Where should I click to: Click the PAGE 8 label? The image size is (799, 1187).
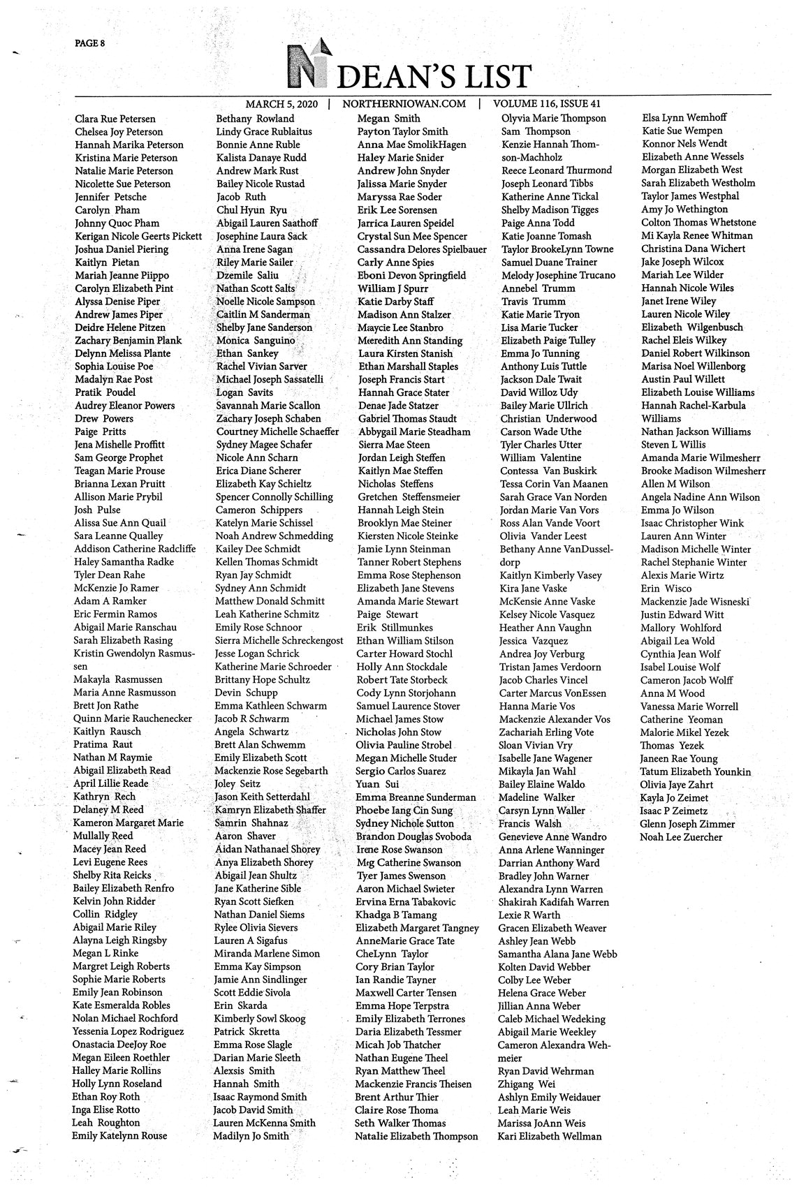coord(89,43)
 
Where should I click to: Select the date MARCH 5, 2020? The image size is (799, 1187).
coord(281,103)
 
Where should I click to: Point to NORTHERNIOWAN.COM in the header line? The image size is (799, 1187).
coord(404,103)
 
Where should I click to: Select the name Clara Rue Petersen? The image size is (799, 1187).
coord(115,119)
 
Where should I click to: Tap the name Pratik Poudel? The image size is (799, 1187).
coord(105,392)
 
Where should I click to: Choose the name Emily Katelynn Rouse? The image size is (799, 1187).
coord(119,1135)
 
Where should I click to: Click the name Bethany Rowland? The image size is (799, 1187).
coord(255,119)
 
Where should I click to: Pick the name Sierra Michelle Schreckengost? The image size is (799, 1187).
coord(279,640)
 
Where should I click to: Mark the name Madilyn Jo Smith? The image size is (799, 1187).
coord(251,1135)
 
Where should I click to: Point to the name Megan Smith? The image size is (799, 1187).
coord(389,119)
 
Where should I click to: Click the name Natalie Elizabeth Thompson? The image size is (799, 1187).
coord(416,1136)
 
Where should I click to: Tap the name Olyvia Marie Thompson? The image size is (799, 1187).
coord(553,118)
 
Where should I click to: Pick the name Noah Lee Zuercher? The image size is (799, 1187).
coord(681,836)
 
